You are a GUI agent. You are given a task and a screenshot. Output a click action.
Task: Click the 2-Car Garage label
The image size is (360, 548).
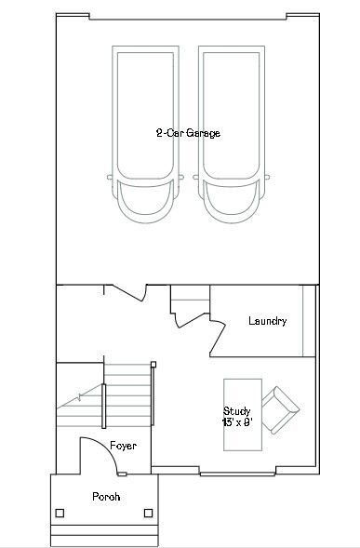pyautogui.click(x=188, y=133)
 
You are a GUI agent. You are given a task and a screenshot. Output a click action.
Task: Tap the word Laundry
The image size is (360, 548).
pyautogui.click(x=268, y=321)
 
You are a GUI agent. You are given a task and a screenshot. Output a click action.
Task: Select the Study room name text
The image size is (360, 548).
pyautogui.click(x=236, y=411)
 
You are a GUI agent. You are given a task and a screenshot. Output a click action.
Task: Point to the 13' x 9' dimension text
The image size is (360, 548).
pyautogui.click(x=237, y=422)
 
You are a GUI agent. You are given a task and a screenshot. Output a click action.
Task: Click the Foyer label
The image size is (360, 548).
pyautogui.click(x=123, y=446)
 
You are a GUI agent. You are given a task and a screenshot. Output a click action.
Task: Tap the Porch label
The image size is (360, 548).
pyautogui.click(x=106, y=496)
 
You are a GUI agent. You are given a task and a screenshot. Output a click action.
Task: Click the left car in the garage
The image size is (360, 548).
pyautogui.click(x=145, y=134)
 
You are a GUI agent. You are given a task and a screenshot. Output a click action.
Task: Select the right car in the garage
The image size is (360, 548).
pyautogui.click(x=232, y=134)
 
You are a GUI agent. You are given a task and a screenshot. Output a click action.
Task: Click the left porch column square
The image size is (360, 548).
pyautogui.click(x=60, y=513)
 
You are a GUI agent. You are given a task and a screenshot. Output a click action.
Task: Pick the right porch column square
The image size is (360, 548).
pyautogui.click(x=149, y=513)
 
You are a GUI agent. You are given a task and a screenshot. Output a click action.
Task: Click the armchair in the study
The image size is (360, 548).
pyautogui.click(x=280, y=410)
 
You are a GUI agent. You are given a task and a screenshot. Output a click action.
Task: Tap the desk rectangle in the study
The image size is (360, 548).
pyautogui.click(x=243, y=415)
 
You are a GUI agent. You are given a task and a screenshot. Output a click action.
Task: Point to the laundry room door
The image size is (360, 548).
pyautogui.click(x=218, y=337)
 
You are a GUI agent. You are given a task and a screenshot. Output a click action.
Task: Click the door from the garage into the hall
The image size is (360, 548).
pyautogui.click(x=127, y=293)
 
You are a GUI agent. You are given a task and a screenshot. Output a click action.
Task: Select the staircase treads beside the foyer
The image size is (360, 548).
pyautogui.click(x=127, y=394)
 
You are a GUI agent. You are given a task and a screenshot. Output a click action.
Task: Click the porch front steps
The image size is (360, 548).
pyautogui.click(x=104, y=536)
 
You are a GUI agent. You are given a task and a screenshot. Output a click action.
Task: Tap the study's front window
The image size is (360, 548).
pyautogui.click(x=237, y=474)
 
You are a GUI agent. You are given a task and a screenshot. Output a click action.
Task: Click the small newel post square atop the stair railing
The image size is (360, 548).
pyautogui.click(x=153, y=365)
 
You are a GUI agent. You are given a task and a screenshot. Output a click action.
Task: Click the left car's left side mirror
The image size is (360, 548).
pyautogui.click(x=110, y=177)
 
